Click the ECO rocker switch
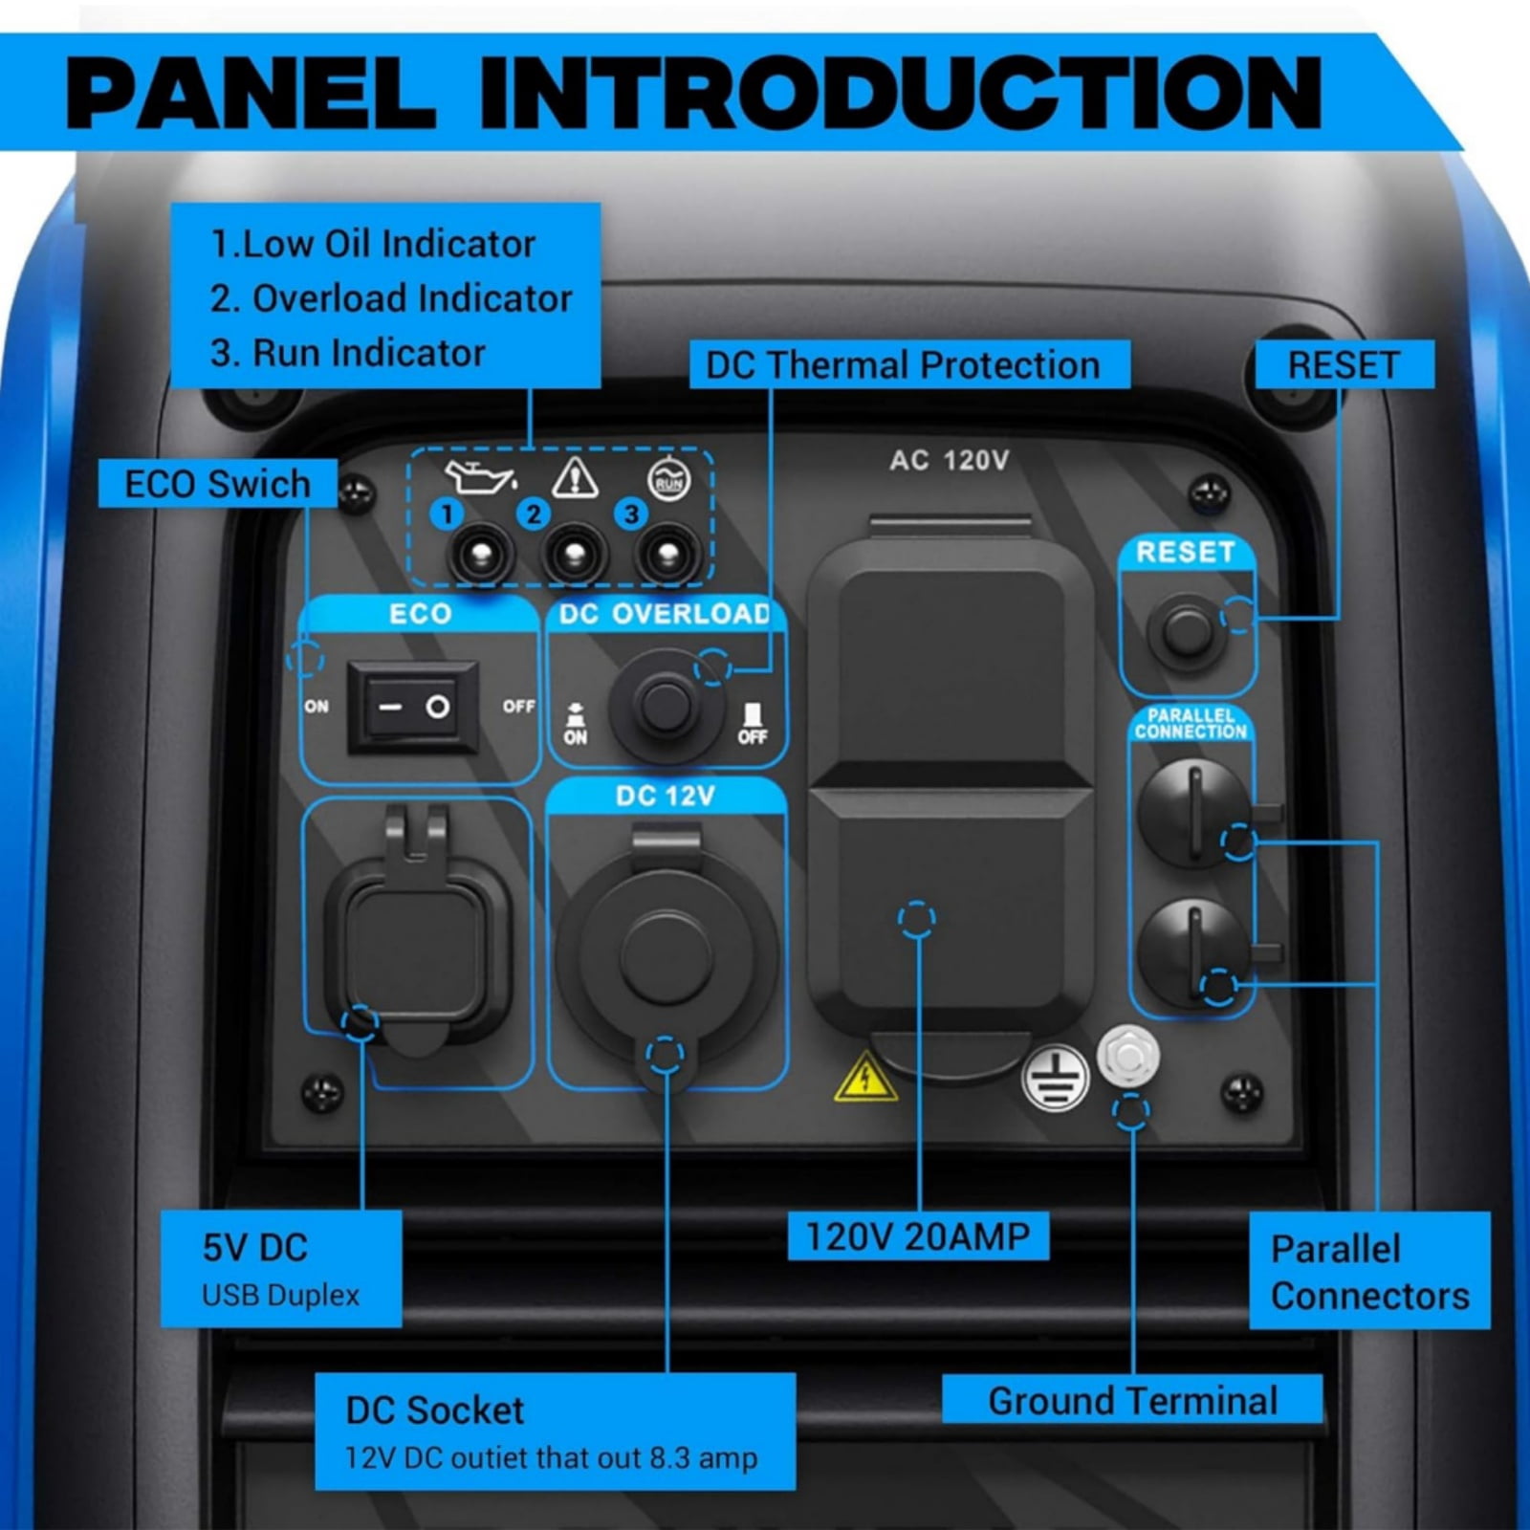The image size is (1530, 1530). pyautogui.click(x=412, y=708)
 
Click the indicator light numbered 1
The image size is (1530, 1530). pyautogui.click(x=480, y=555)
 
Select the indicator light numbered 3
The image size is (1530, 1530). pyautogui.click(x=667, y=555)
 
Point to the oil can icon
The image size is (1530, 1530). pyautogui.click(x=479, y=475)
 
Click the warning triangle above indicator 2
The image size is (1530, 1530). pyautogui.click(x=575, y=477)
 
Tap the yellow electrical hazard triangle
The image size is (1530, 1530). pyautogui.click(x=865, y=1077)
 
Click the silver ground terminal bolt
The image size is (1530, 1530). pyautogui.click(x=1128, y=1056)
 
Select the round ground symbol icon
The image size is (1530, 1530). pyautogui.click(x=1055, y=1079)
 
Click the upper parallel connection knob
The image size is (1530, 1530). pyautogui.click(x=1193, y=814)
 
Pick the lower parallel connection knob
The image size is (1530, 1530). pyautogui.click(x=1193, y=952)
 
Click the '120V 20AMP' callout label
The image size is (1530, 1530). pyautogui.click(x=918, y=1236)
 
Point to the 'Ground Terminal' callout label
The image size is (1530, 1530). pyautogui.click(x=1132, y=1401)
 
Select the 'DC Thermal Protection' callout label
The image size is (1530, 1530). pyautogui.click(x=903, y=365)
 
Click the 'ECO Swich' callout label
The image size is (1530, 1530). pyautogui.click(x=218, y=484)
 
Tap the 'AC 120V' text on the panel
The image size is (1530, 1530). pyautogui.click(x=949, y=461)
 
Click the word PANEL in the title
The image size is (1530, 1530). pyautogui.click(x=251, y=93)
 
